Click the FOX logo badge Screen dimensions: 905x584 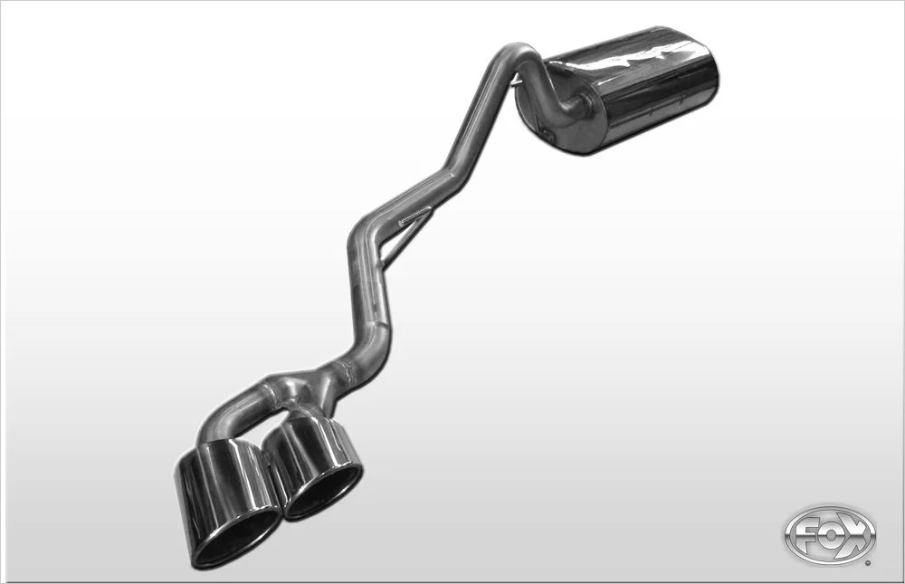coord(829,535)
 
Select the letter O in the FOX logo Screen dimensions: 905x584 coord(829,536)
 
